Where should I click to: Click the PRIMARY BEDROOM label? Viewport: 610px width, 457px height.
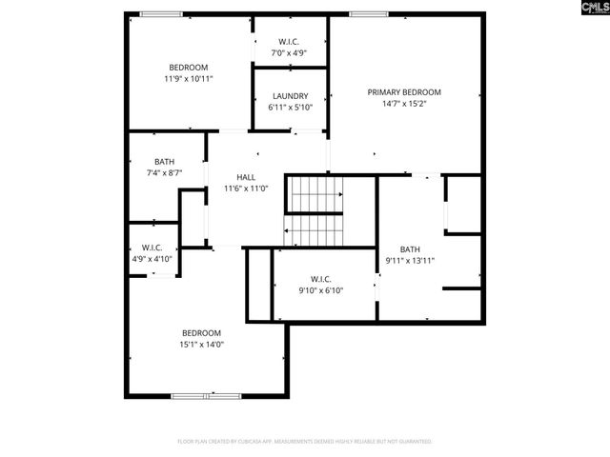(x=404, y=92)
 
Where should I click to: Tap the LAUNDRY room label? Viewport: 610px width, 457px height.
(x=290, y=96)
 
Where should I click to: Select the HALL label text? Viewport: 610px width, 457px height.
(x=246, y=177)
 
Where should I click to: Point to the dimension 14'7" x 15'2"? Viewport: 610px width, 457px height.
(x=404, y=104)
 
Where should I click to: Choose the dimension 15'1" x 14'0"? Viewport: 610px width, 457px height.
(x=202, y=345)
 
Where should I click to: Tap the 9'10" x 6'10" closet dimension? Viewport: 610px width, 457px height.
(x=320, y=290)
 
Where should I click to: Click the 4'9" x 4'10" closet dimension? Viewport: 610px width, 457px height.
(x=151, y=259)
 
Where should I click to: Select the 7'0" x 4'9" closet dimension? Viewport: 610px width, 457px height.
(x=290, y=53)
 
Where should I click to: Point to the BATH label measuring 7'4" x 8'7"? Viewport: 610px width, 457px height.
(x=164, y=161)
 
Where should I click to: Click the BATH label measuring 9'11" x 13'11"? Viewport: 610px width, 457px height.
(x=410, y=248)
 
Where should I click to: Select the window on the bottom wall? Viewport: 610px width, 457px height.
(x=206, y=395)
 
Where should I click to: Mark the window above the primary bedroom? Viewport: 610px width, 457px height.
(x=361, y=13)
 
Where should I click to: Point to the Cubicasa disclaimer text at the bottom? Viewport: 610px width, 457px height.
(x=305, y=442)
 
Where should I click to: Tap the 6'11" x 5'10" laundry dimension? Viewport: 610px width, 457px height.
(x=290, y=108)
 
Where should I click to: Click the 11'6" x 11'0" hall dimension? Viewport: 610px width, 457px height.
(x=246, y=189)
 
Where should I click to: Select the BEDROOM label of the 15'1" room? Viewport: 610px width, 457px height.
(x=202, y=332)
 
